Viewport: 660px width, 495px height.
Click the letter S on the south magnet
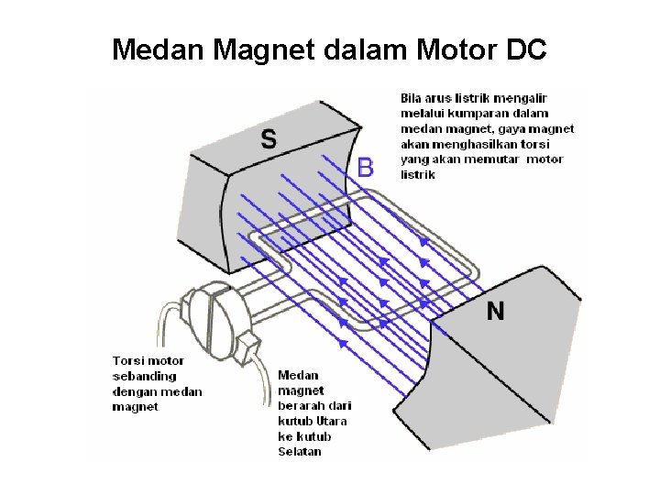click(x=269, y=139)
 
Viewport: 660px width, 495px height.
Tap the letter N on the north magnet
click(x=495, y=311)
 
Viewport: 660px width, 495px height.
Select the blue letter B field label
click(x=365, y=167)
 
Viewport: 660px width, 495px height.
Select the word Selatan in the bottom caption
click(x=299, y=452)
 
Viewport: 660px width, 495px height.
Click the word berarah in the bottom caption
click(x=299, y=405)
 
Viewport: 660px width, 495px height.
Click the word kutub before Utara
click(x=293, y=421)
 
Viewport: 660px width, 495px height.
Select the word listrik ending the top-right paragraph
click(x=418, y=174)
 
